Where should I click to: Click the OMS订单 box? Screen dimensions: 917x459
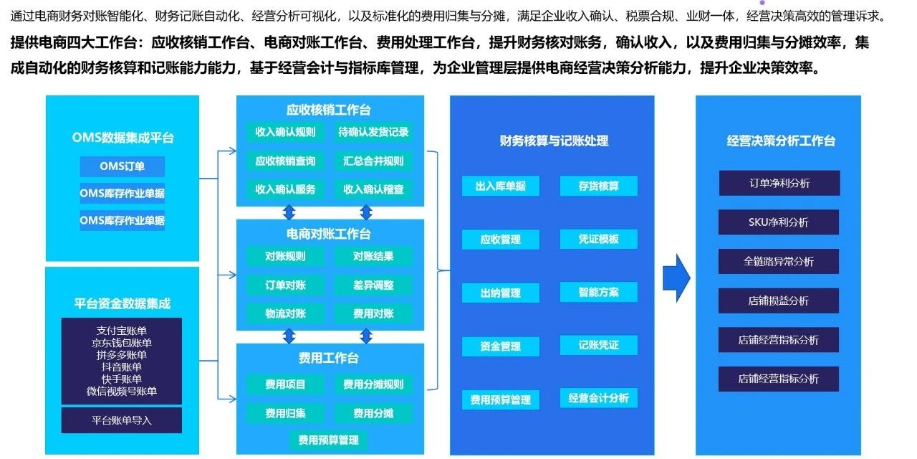click(122, 166)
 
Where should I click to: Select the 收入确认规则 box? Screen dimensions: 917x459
click(285, 132)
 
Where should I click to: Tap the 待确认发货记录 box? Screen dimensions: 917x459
click(373, 132)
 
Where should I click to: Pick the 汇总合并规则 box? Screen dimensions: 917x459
click(373, 161)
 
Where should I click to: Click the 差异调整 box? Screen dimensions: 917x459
click(373, 285)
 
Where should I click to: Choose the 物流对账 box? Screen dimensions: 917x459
click(285, 314)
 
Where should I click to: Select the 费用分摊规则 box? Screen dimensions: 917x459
click(373, 384)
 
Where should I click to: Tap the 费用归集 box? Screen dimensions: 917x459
click(285, 413)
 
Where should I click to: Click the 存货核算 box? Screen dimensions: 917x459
click(598, 186)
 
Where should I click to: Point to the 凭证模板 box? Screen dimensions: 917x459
click(598, 239)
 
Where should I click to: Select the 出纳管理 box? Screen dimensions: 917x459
click(501, 293)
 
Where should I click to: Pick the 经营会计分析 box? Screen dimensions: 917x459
click(598, 398)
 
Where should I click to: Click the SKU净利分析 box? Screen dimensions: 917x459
click(779, 222)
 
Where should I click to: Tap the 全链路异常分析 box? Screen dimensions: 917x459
click(779, 262)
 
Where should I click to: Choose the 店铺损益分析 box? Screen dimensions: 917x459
click(779, 301)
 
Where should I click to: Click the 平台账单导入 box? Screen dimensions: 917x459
click(122, 420)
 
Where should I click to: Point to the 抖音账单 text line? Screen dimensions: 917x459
click(122, 366)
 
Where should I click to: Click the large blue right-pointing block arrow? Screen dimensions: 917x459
click(676, 278)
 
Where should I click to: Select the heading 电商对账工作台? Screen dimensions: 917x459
click(329, 234)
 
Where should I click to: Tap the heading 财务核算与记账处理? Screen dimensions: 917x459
click(554, 141)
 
